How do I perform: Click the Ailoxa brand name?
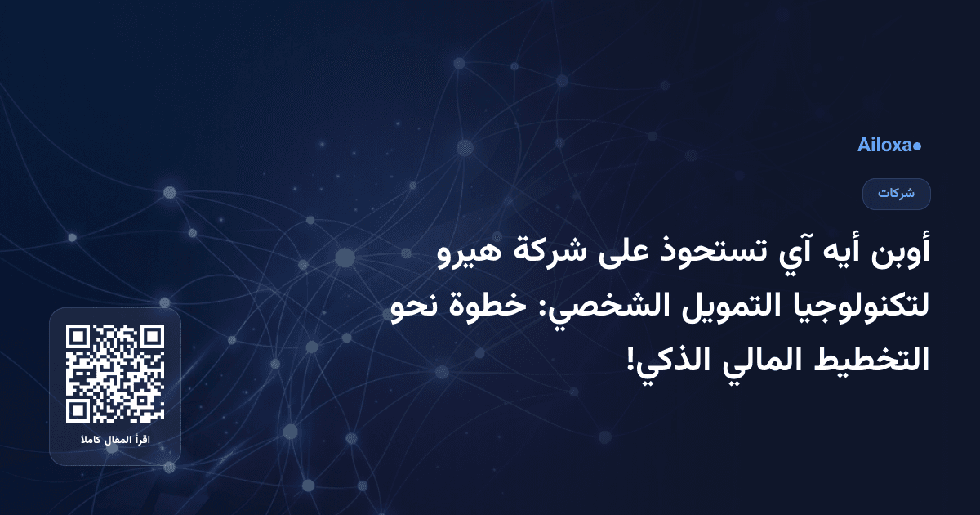pos(884,146)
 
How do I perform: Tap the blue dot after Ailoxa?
pos(917,146)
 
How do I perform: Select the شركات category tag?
pos(897,194)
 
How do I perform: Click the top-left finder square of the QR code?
pos(78,338)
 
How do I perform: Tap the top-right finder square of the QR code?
pos(152,338)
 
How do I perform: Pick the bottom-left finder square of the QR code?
pos(78,410)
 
